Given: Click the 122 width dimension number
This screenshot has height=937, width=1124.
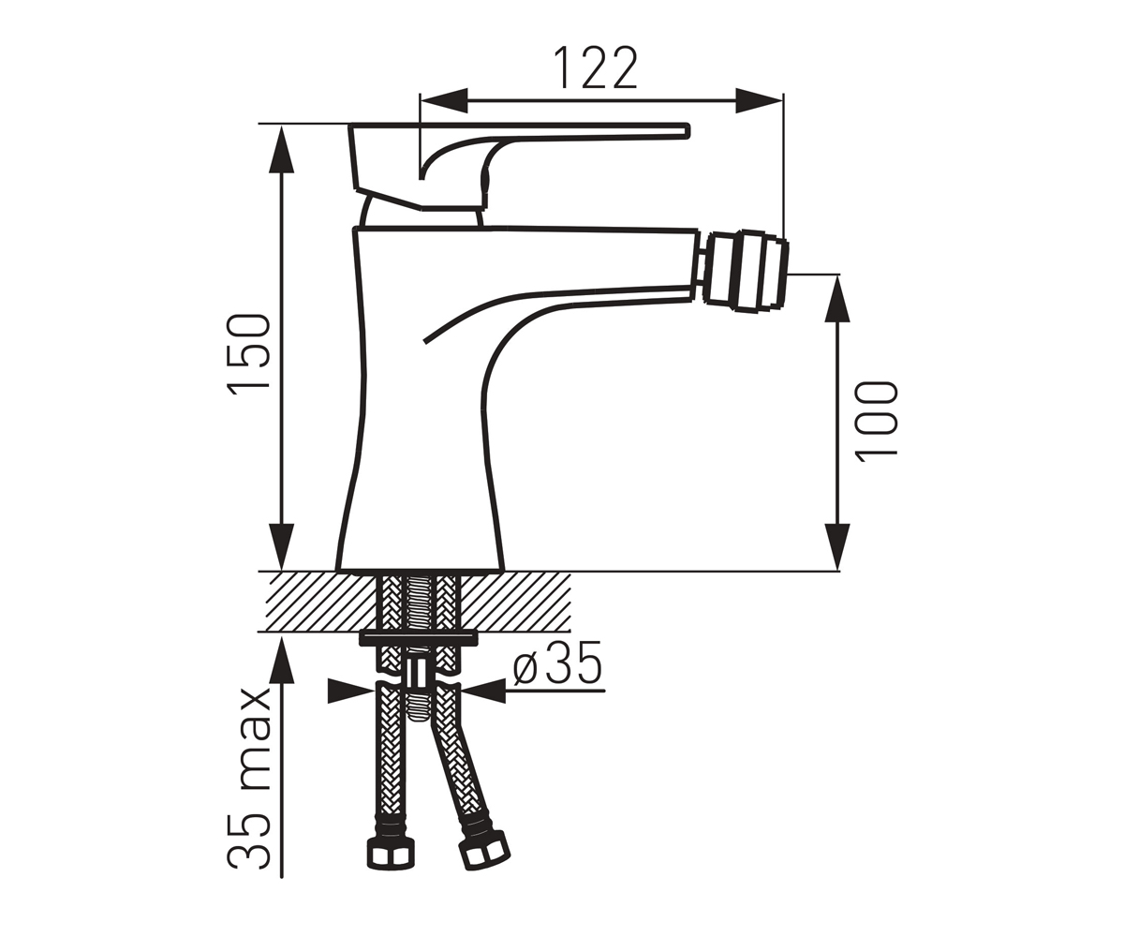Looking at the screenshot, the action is point(596,68).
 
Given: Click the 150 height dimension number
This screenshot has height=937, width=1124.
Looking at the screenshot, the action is point(249,354).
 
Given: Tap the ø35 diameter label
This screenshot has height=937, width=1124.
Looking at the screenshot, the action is point(557,662).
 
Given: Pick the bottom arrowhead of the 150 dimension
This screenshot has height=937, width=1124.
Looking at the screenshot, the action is point(282,546).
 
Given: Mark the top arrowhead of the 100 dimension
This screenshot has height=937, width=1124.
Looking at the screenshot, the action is point(837,298).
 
